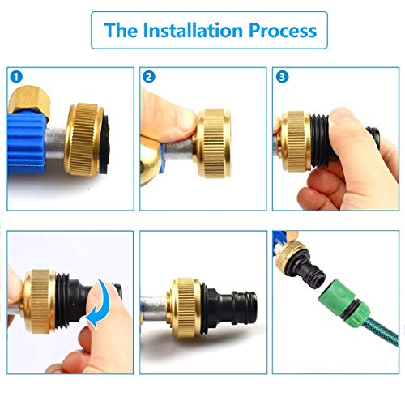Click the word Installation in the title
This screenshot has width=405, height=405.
pyautogui.click(x=193, y=30)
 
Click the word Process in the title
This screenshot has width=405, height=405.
pyautogui.click(x=283, y=30)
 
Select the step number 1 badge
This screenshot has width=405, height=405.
pyautogui.click(x=16, y=77)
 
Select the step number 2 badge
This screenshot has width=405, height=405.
pyautogui.click(x=149, y=77)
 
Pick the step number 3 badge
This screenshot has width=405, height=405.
pyautogui.click(x=282, y=77)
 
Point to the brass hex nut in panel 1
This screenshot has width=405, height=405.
pyautogui.click(x=29, y=102)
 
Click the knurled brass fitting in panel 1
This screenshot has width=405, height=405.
pyautogui.click(x=84, y=139)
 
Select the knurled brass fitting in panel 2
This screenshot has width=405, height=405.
pyautogui.click(x=214, y=143)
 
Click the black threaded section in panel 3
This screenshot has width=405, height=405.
pyautogui.click(x=321, y=140)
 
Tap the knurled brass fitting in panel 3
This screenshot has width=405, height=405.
pyautogui.click(x=295, y=141)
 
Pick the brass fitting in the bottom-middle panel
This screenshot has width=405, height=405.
pyautogui.click(x=184, y=308)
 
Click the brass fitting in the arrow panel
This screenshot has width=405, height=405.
pyautogui.click(x=39, y=301)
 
